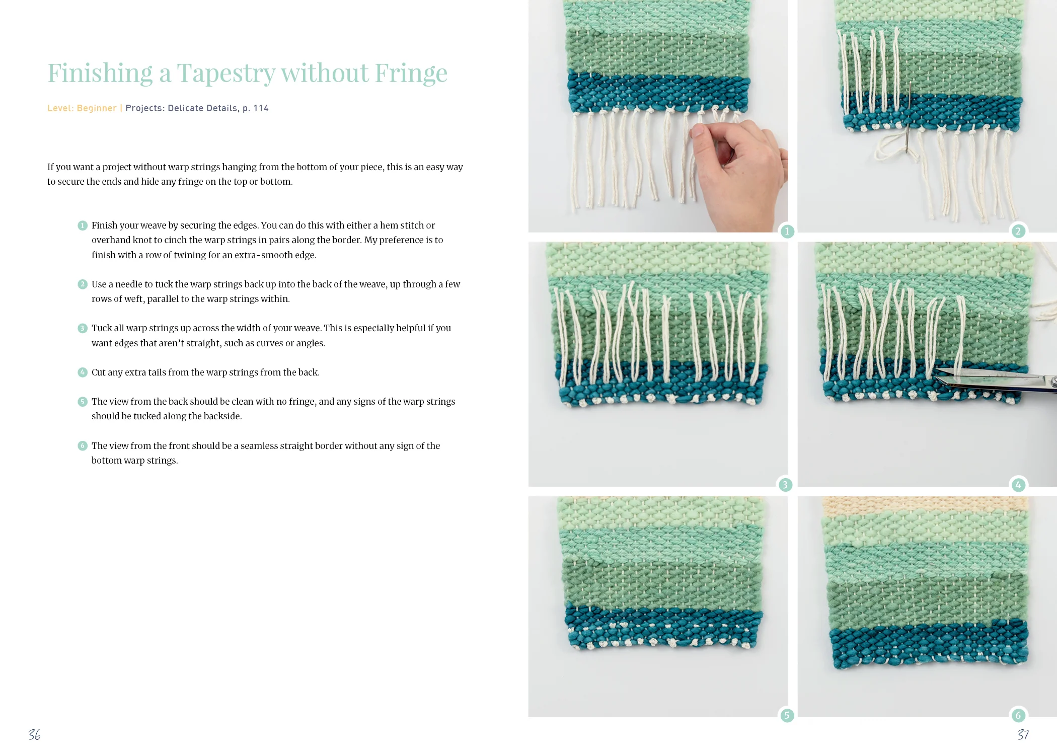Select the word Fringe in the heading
[x=411, y=73]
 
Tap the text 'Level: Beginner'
[x=82, y=108]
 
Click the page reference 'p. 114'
[x=255, y=108]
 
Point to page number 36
[x=34, y=735]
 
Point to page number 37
[x=1023, y=735]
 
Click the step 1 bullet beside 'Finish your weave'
[x=83, y=225]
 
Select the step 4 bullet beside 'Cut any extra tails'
[x=83, y=372]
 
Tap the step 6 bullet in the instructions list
[x=83, y=446]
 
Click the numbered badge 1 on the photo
[x=787, y=232]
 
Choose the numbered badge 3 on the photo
[x=785, y=485]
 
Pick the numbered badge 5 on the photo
[x=787, y=715]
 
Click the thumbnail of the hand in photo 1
[x=697, y=131]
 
